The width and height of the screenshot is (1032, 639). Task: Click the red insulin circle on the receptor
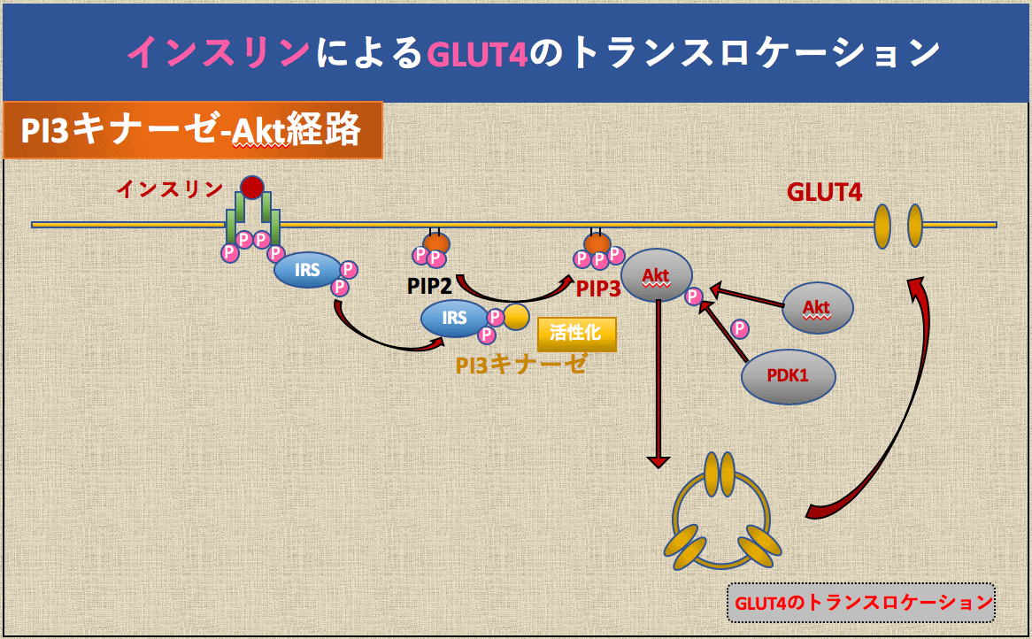pos(252,187)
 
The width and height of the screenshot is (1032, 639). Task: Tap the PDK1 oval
pos(788,376)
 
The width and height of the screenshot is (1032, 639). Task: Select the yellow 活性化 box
pos(576,334)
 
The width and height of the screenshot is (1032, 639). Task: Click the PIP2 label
pos(430,287)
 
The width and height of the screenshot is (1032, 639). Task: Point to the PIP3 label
pos(599,289)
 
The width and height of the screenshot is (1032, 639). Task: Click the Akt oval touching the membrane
pos(656,276)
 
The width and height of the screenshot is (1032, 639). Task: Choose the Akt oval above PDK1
pos(818,308)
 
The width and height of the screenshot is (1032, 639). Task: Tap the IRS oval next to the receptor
pos(307,270)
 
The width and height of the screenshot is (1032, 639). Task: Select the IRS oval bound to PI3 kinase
pos(454,318)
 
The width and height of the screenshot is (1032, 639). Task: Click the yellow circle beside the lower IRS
pos(516,317)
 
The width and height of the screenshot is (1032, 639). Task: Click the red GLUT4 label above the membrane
pos(824,192)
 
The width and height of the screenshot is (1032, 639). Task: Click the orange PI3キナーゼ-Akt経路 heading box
pos(192,130)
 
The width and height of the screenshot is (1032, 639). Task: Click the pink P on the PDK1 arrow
pos(740,330)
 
